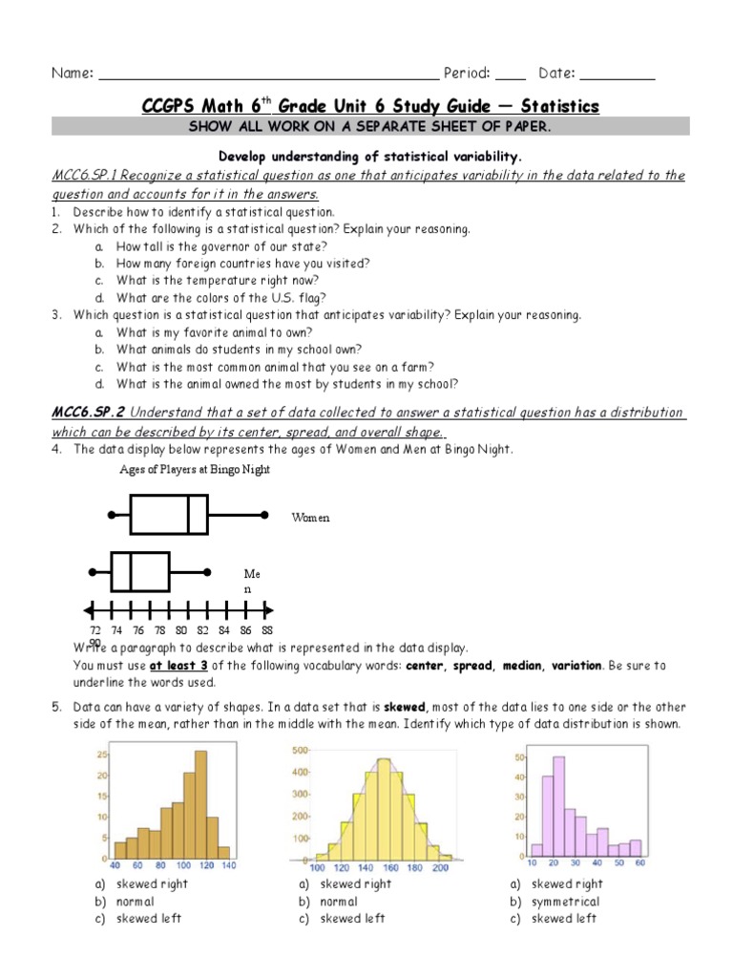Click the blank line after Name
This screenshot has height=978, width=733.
tap(267, 74)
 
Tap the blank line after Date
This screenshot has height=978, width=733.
tap(618, 74)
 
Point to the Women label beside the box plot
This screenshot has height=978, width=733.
tap(310, 517)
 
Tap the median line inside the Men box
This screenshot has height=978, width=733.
tap(130, 571)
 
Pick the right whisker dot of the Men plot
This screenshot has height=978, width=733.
tap(208, 571)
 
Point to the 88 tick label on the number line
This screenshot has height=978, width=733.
tap(266, 630)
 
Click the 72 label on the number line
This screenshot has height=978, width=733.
tap(94, 630)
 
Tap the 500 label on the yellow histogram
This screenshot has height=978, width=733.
tap(299, 750)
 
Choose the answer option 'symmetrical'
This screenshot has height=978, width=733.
tap(565, 902)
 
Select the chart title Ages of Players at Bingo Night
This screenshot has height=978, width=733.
tap(195, 469)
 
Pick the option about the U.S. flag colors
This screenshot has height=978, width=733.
tap(221, 297)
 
